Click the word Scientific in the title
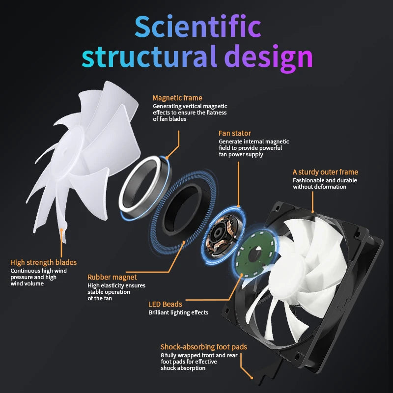coord(198,27)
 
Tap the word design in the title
coord(268,58)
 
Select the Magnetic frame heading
coord(177,98)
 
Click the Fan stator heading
coord(235,133)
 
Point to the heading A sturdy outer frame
coord(325,172)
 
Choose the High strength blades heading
coord(43,262)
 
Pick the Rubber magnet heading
coord(112,277)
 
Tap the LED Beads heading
coord(165,304)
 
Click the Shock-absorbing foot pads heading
coord(204,347)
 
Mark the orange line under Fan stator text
coord(238,184)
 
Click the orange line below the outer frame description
coord(312,202)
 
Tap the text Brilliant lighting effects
coord(178,312)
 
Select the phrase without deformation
coord(320,187)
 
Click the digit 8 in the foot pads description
coord(163,355)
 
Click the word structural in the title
coord(149,56)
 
